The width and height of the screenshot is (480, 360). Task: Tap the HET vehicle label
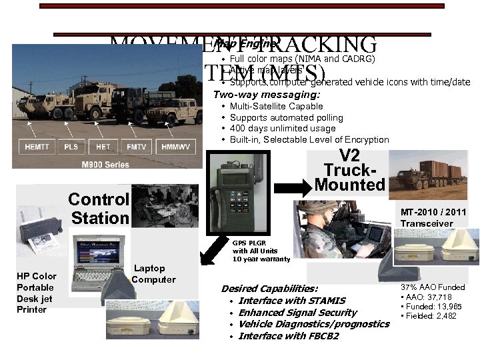[103, 147]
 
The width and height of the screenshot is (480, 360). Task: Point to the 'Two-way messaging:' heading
[266, 95]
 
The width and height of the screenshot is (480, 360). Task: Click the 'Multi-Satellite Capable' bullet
[267, 107]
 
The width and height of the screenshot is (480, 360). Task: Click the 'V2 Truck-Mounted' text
[349, 171]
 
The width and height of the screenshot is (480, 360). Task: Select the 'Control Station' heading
[99, 208]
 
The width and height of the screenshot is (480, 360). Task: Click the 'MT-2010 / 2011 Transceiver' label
[433, 218]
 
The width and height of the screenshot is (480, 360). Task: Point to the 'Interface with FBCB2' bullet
[288, 336]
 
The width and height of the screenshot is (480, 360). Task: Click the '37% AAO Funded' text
[433, 287]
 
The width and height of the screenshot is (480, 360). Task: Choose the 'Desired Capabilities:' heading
[269, 289]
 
